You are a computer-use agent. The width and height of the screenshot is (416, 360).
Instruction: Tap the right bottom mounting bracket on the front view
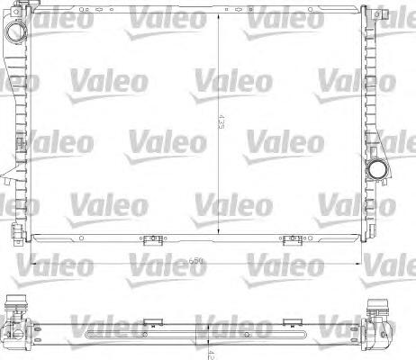click(291, 240)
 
